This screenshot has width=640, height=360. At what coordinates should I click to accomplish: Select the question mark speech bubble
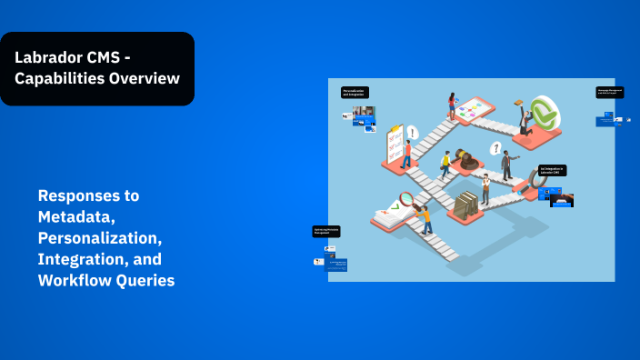(495, 148)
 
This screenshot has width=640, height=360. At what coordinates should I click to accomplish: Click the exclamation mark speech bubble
(412, 133)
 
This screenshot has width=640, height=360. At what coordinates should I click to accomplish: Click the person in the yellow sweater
(445, 165)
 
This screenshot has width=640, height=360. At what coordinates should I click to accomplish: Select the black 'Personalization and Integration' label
(355, 92)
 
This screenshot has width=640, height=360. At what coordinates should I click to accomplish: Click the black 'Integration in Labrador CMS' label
(552, 170)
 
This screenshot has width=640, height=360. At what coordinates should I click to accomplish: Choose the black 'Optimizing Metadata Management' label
(326, 232)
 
